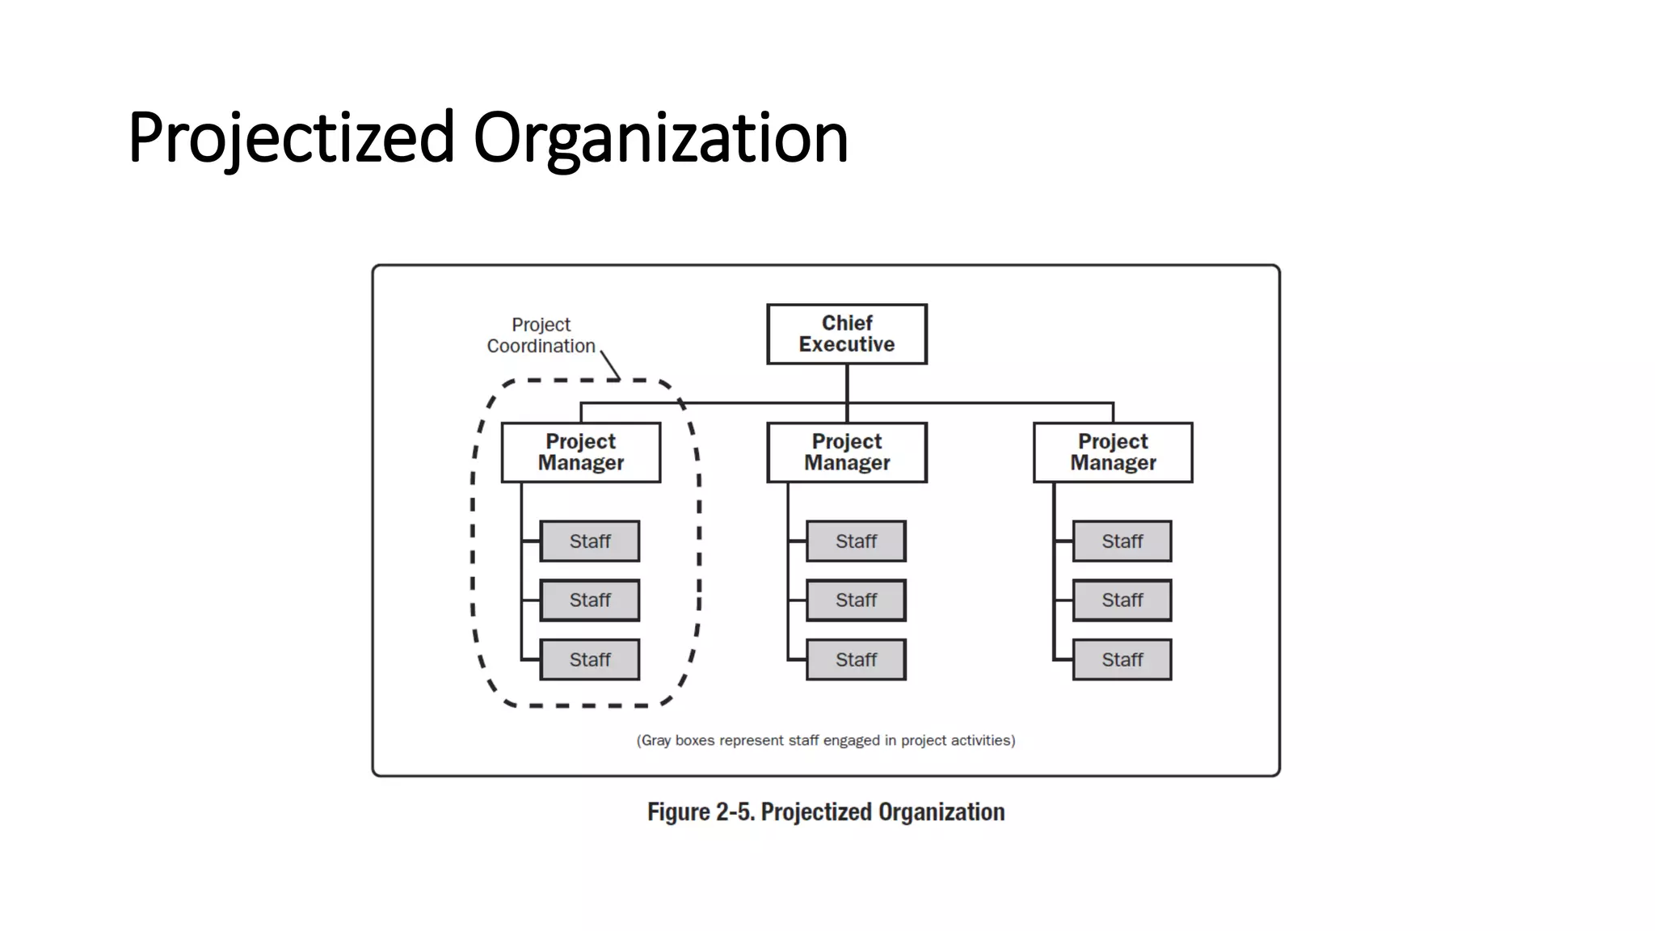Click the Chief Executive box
pyautogui.click(x=846, y=334)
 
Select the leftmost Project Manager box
pyautogui.click(x=580, y=453)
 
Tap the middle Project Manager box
pyautogui.click(x=846, y=453)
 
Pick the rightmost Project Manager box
pyautogui.click(x=1113, y=453)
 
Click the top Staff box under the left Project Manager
pyautogui.click(x=589, y=541)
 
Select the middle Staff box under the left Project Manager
pyautogui.click(x=589, y=600)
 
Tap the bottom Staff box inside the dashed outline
pyautogui.click(x=589, y=659)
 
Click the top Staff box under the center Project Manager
pyautogui.click(x=856, y=541)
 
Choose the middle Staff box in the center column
pyautogui.click(x=856, y=600)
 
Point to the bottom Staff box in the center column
pyautogui.click(x=856, y=659)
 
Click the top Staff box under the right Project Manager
pyautogui.click(x=1122, y=541)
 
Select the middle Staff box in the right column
pyautogui.click(x=1122, y=600)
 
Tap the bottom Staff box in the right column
pyautogui.click(x=1122, y=659)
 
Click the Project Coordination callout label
pyautogui.click(x=541, y=335)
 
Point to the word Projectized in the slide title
pyautogui.click(x=291, y=138)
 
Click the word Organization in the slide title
pyautogui.click(x=660, y=138)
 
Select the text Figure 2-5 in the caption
pyautogui.click(x=700, y=812)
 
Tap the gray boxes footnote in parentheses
pyautogui.click(x=825, y=740)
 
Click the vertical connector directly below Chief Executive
pyautogui.click(x=847, y=383)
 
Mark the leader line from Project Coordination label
pyautogui.click(x=610, y=364)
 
